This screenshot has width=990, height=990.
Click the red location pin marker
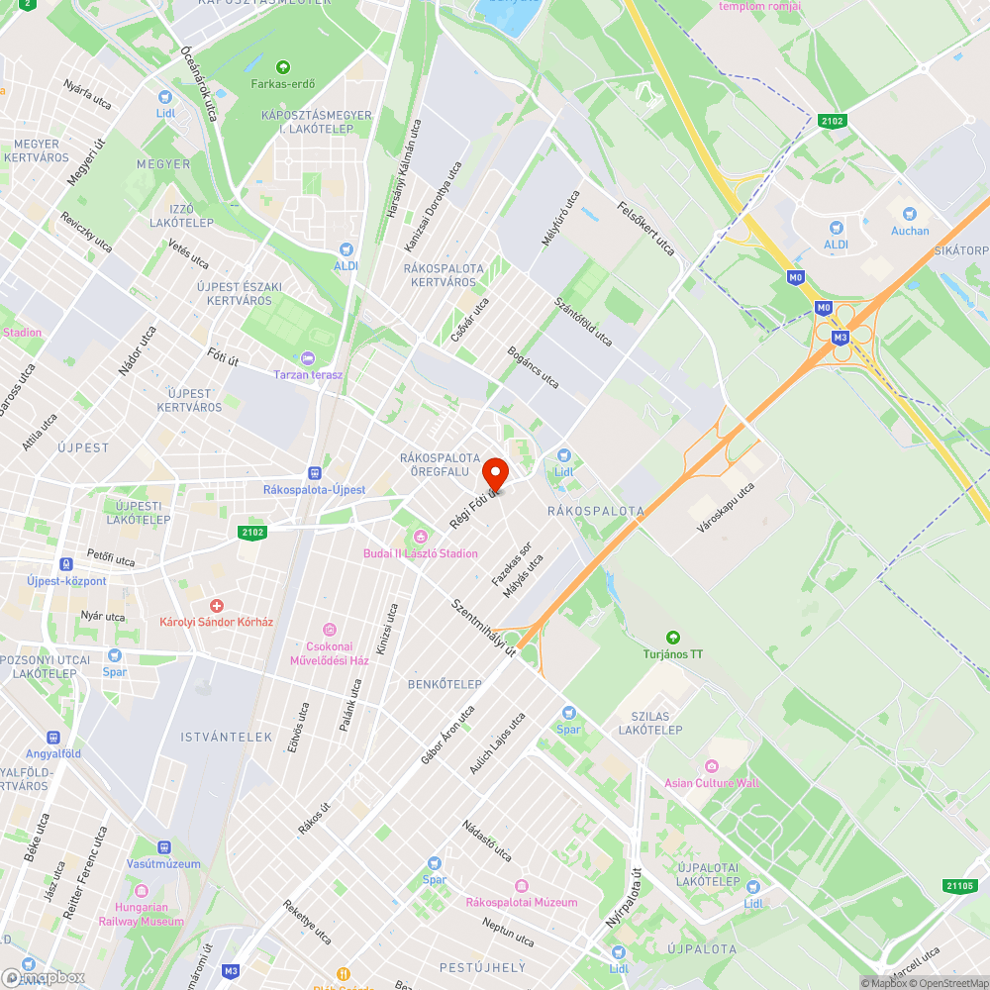pos(495,473)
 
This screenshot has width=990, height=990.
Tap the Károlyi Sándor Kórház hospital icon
pos(216,605)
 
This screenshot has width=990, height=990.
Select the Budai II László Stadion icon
pos(421,537)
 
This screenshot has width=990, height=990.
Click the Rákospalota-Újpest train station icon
pos(315,473)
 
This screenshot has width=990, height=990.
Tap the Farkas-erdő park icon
pos(283,67)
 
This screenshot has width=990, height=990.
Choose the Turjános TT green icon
pos(673,638)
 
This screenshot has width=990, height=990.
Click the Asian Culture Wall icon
pos(711,766)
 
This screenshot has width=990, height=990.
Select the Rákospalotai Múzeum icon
pos(522,885)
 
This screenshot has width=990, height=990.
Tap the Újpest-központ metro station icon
pos(66,563)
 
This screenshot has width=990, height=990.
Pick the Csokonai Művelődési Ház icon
pos(330,630)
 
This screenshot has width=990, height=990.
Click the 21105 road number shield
pos(959,886)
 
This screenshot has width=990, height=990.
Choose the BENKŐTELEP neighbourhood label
pos(445,684)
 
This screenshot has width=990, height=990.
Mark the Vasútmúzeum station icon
pos(163,847)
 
